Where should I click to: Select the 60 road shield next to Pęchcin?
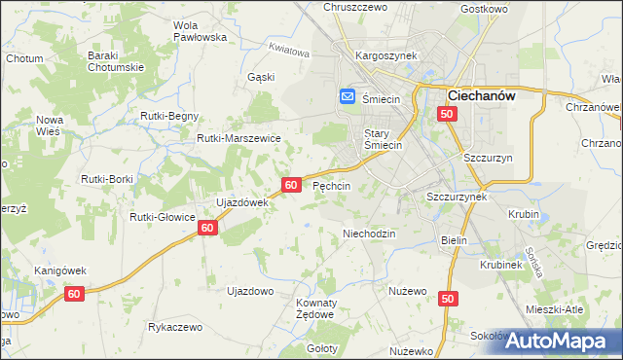[291, 184]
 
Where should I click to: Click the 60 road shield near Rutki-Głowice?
[206, 227]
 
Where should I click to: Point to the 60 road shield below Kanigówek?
[74, 293]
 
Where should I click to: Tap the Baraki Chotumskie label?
[116, 61]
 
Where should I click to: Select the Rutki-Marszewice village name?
[238, 138]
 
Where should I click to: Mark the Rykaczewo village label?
[175, 327]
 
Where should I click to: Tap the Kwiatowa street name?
[289, 50]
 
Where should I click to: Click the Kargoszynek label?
[385, 56]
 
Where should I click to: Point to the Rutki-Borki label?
[107, 179]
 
